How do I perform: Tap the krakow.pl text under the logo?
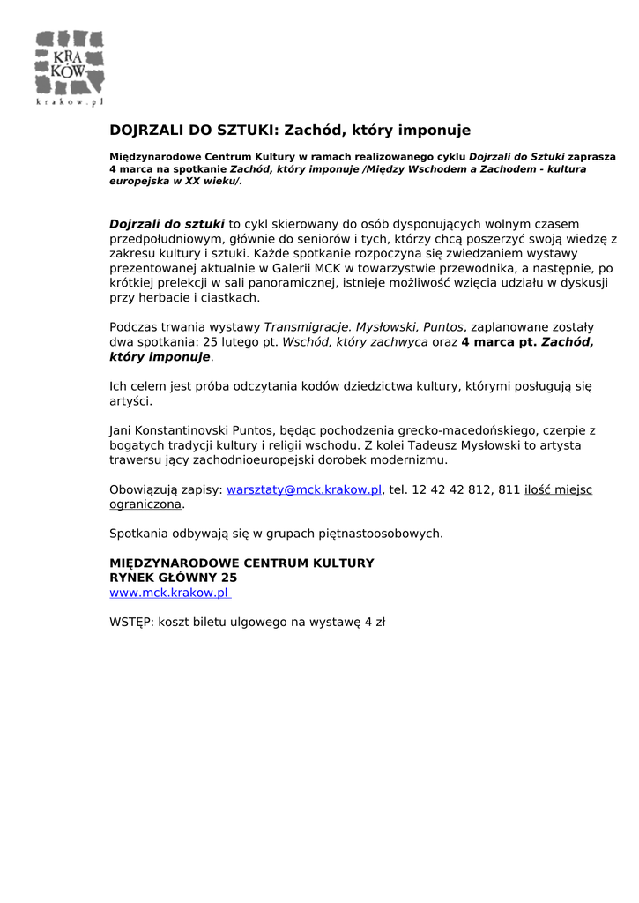pyautogui.click(x=70, y=101)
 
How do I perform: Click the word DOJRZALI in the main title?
pyautogui.click(x=145, y=131)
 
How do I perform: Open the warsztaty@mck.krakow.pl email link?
pyautogui.click(x=304, y=489)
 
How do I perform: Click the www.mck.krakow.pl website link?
pyautogui.click(x=168, y=593)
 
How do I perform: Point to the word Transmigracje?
pyautogui.click(x=307, y=326)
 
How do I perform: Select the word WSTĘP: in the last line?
pyautogui.click(x=131, y=622)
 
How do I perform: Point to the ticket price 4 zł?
pyautogui.click(x=375, y=622)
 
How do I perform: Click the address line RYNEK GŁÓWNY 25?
pyautogui.click(x=173, y=578)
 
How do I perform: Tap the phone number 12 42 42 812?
pyautogui.click(x=452, y=489)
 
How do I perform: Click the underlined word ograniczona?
pyautogui.click(x=145, y=504)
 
